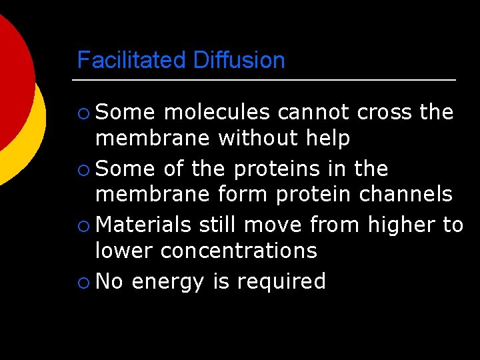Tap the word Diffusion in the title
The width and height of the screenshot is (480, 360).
(239, 61)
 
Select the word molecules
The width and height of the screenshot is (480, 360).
(216, 112)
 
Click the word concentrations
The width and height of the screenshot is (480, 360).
(239, 251)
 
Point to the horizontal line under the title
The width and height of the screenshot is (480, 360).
(263, 81)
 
